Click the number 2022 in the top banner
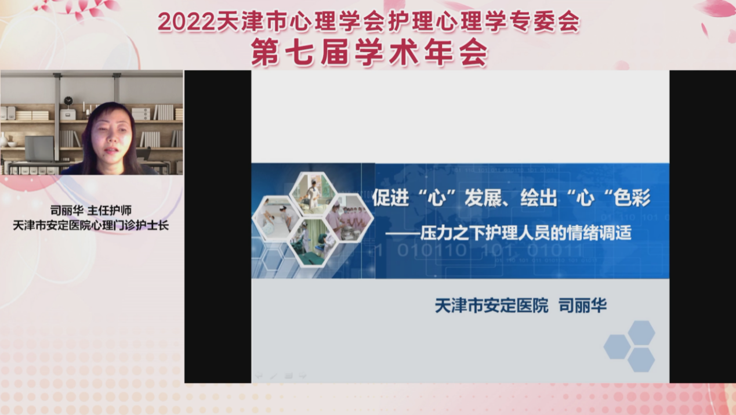(186, 23)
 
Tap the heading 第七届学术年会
(370, 52)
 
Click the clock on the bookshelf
(68, 101)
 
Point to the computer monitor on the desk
(39, 149)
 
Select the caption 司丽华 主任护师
(91, 210)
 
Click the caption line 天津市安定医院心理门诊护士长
(91, 226)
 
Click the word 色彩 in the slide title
(632, 198)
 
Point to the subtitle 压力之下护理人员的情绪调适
(526, 233)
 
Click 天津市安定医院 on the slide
(492, 305)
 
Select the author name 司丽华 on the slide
(582, 305)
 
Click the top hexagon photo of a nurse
(313, 193)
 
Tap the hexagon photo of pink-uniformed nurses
(349, 217)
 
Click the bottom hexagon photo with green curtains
(313, 243)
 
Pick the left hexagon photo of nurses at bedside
(277, 218)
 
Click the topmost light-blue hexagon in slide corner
(641, 333)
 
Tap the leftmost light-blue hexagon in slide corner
(617, 347)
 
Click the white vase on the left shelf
(3, 140)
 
